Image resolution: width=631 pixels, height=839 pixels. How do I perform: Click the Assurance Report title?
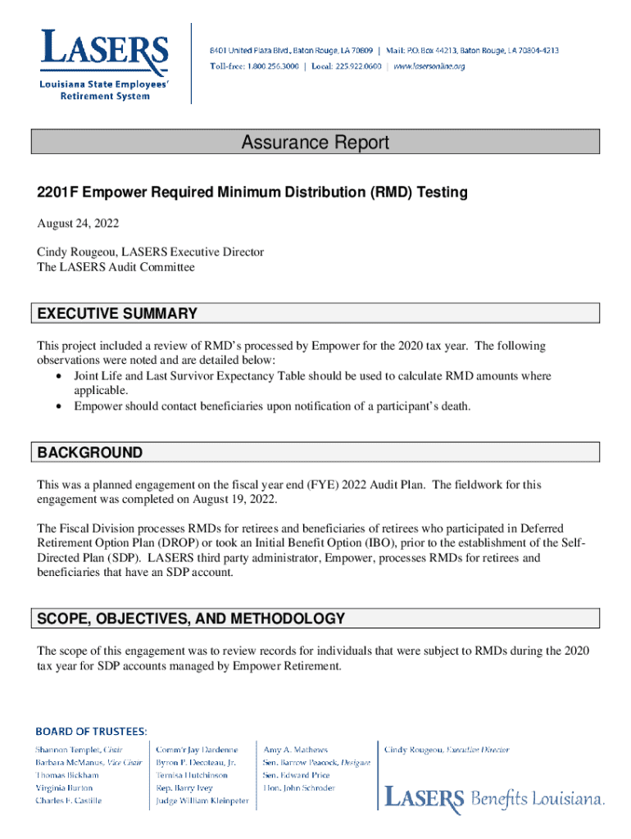(315, 143)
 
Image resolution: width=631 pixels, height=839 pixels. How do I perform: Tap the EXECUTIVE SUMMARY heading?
(117, 314)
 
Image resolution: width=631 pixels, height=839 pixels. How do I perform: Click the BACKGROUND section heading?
(90, 453)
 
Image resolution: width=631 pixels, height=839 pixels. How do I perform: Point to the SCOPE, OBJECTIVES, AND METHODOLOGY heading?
(191, 619)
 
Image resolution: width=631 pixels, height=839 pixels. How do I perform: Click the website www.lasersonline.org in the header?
(429, 66)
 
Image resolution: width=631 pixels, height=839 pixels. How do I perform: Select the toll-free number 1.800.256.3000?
(272, 66)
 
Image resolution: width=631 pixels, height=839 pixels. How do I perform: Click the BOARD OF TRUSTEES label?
(91, 729)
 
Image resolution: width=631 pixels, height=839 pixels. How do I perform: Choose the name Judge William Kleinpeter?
(202, 800)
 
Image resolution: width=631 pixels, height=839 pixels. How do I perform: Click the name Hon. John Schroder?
(298, 788)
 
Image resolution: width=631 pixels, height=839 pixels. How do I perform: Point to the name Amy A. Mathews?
(295, 750)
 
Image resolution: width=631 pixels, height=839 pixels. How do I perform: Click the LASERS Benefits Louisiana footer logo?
(495, 797)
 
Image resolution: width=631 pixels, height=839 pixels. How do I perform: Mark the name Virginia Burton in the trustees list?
(64, 788)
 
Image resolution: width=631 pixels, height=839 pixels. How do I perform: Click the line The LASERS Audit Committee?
(116, 267)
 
